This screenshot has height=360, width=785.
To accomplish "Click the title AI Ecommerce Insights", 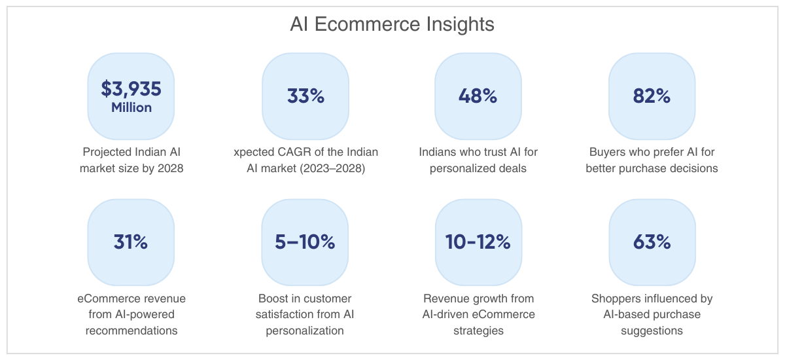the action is click(392, 24).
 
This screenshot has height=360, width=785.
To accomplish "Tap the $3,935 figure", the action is click(131, 88).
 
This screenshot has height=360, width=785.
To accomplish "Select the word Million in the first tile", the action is click(131, 107).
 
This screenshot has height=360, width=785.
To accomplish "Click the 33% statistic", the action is click(305, 96).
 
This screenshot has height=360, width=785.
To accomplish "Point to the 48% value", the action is click(478, 96).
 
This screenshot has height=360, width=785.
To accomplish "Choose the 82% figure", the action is click(652, 96).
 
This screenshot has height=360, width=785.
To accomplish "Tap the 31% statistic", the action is click(131, 242).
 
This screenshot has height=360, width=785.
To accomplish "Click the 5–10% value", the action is click(305, 242).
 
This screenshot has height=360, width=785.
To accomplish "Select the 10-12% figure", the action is click(478, 242).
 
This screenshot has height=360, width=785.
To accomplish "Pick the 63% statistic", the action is click(652, 242).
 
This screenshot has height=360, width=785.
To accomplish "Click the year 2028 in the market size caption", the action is click(170, 168).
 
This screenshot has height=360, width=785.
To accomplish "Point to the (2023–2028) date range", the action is click(332, 168).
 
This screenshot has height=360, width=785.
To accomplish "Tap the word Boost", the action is click(271, 298).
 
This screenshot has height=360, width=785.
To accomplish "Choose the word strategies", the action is click(478, 331).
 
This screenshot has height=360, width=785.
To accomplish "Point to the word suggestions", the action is click(652, 331).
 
